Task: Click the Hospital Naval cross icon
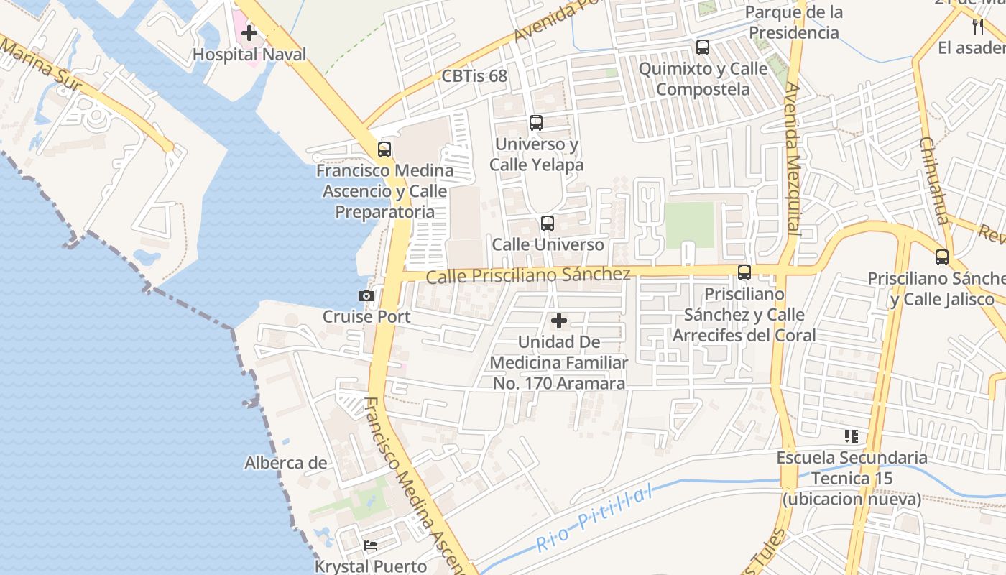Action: pos(249,32)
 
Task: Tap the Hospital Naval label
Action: pos(249,55)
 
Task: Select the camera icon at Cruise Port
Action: pos(366,295)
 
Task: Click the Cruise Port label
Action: pos(366,316)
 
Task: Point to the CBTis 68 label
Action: pos(474,76)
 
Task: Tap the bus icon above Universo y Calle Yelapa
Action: pos(536,123)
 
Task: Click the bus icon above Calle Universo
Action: pos(548,224)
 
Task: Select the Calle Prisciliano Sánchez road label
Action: pos(529,275)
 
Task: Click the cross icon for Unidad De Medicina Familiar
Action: pos(558,321)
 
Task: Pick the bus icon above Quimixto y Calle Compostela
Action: pos(703,48)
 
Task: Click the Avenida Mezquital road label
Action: pos(793,158)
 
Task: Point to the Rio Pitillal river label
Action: pos(595,519)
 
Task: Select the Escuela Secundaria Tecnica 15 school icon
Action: pos(852,436)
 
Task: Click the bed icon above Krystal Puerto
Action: pos(371,546)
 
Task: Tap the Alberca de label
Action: pos(285,463)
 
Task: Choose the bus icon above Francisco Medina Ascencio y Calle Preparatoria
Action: pos(384,149)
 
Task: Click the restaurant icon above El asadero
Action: pos(977,27)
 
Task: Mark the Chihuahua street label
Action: pos(933,180)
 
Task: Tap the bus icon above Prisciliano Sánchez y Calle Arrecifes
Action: pos(744,272)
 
